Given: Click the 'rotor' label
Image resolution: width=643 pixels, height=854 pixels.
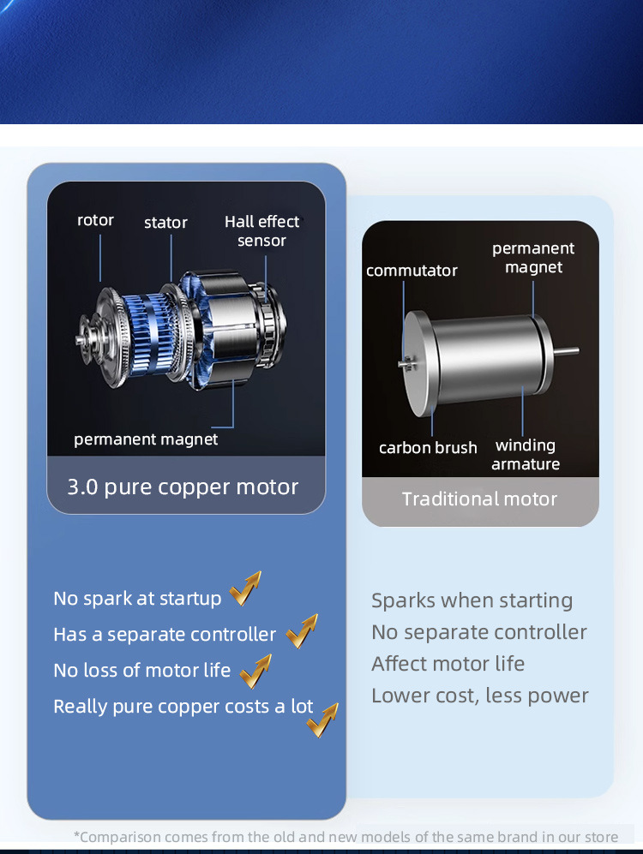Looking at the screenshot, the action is tap(95, 220).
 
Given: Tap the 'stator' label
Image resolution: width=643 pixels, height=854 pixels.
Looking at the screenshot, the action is tap(165, 223).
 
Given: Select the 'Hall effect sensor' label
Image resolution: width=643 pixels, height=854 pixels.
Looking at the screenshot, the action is tap(261, 231).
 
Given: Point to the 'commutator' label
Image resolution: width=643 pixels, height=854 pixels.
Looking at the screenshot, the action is tap(412, 271).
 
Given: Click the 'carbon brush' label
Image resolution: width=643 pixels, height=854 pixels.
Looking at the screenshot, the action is tap(428, 448).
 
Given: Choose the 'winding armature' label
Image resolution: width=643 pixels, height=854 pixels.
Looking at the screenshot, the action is tap(526, 455).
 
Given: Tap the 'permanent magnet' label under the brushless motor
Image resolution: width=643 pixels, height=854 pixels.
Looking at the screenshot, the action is tap(146, 439).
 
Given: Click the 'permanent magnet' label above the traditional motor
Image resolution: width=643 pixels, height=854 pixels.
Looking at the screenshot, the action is tap(533, 258).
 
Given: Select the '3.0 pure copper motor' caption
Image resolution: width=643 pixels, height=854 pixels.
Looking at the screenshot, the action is tap(183, 487).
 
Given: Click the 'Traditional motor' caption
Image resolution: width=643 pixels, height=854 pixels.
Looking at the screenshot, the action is tap(479, 499).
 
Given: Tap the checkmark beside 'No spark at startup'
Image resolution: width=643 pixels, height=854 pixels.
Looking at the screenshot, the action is tap(245, 589).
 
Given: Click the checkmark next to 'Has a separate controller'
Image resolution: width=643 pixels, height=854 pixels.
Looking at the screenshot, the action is tap(302, 632).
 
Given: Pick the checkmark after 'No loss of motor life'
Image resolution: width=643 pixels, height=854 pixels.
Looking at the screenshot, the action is tap(255, 671).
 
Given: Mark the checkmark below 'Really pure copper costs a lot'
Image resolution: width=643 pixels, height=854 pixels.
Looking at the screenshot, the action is tap(322, 721).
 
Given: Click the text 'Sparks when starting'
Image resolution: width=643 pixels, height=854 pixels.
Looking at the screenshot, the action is tap(472, 600).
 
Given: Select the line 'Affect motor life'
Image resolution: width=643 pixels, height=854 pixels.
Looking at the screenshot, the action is tap(448, 664).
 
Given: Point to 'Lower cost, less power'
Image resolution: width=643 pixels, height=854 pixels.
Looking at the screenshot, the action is tap(480, 696).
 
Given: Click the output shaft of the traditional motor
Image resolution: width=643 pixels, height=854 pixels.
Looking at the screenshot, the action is tap(567, 350).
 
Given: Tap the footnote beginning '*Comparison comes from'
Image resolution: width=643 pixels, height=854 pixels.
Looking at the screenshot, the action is tap(346, 837).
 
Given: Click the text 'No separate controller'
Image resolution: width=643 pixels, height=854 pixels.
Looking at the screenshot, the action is tap(479, 632).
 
